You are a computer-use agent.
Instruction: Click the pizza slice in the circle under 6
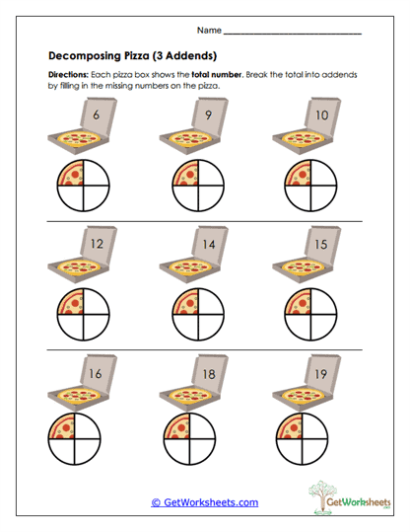click(71, 176)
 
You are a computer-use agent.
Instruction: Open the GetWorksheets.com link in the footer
click(204, 502)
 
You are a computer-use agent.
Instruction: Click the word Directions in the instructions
click(69, 76)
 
